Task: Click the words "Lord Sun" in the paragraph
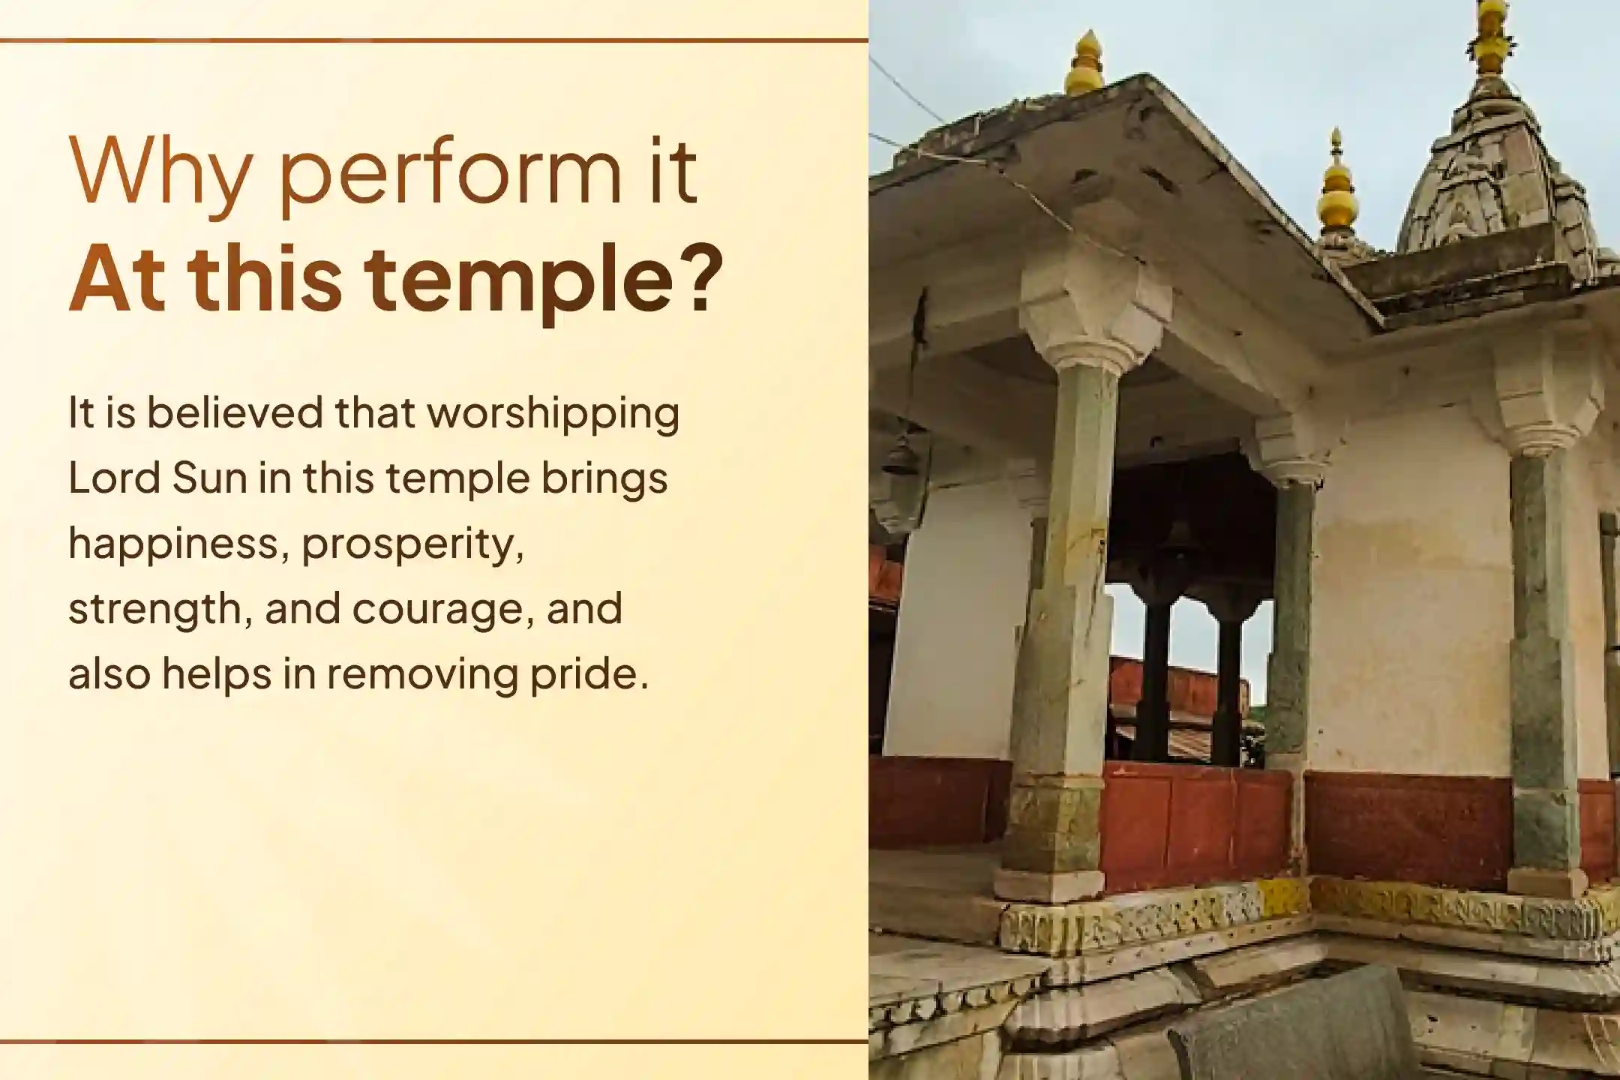pyautogui.click(x=157, y=478)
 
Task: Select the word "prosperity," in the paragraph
pyautogui.click(x=412, y=544)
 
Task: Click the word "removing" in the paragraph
pyautogui.click(x=421, y=674)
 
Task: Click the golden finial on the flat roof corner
pyautogui.click(x=1084, y=64)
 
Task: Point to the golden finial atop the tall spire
pyautogui.click(x=1492, y=37)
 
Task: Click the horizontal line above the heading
pyautogui.click(x=433, y=40)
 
